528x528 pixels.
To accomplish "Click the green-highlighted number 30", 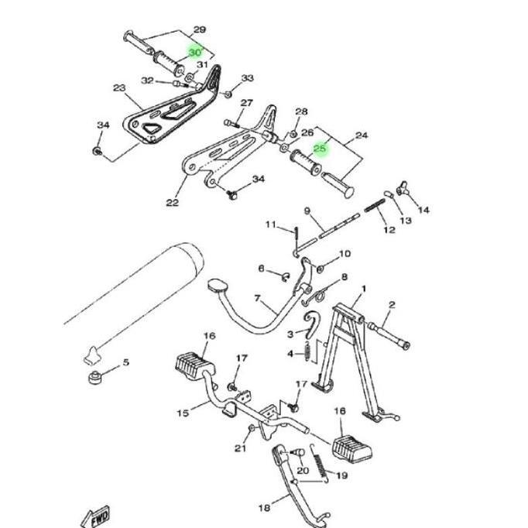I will coord(194,52).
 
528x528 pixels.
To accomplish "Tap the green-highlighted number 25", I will coord(320,149).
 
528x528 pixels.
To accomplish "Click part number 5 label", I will coord(126,362).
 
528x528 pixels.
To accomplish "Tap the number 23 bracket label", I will coord(118,88).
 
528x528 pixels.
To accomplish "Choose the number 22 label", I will coord(172,203).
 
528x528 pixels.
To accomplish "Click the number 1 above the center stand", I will coord(364,288).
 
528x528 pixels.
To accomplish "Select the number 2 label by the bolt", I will coord(391,305).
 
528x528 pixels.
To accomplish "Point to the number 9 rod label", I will coord(307,211).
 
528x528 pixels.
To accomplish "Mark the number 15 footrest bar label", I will coord(183,413).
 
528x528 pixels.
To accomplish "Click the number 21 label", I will coord(240,448).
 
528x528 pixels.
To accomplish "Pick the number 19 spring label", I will coord(341,475).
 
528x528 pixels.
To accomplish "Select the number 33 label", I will coord(247,79).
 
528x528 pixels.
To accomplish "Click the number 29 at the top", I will coord(199,30).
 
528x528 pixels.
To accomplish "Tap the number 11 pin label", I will coord(271,225).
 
